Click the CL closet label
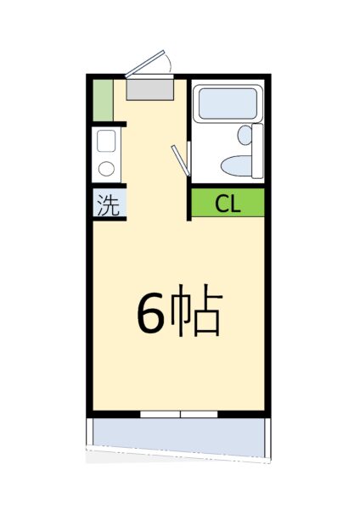(x=228, y=204)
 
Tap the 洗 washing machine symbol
(x=109, y=205)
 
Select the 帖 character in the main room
(x=196, y=310)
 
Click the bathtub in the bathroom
(x=228, y=103)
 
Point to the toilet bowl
(x=237, y=166)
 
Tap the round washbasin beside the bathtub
(x=245, y=135)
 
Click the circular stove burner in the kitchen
(x=106, y=169)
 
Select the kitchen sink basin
(x=106, y=141)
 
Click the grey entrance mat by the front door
(x=149, y=90)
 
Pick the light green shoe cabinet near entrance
(x=103, y=100)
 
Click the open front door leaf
(x=145, y=64)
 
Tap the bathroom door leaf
(x=180, y=160)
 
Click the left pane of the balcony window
(x=160, y=414)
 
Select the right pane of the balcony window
(x=199, y=414)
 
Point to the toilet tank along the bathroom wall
(x=257, y=151)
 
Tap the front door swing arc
(x=168, y=62)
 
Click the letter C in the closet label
(x=221, y=204)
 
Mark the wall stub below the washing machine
(x=110, y=219)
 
